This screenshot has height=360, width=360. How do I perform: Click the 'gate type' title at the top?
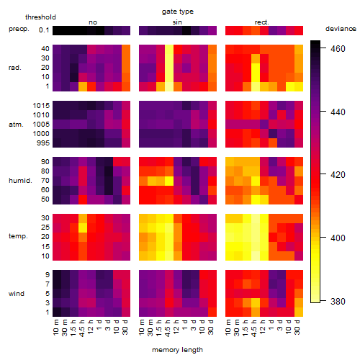click(x=178, y=12)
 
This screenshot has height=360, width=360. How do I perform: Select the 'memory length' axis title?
click(x=178, y=350)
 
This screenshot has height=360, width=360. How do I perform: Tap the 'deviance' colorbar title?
click(x=341, y=29)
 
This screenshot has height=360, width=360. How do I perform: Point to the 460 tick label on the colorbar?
click(x=338, y=49)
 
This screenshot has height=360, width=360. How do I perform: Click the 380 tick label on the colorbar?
click(x=338, y=301)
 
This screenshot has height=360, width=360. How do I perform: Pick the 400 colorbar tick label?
click(x=338, y=238)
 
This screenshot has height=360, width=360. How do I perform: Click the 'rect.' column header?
click(x=262, y=22)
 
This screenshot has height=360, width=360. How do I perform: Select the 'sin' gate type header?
click(x=177, y=22)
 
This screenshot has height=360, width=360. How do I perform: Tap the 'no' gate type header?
click(x=93, y=22)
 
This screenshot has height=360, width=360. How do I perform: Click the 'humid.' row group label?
click(x=20, y=181)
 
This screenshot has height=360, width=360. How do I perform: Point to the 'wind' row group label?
click(x=17, y=294)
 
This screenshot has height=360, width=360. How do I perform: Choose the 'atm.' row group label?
click(x=16, y=125)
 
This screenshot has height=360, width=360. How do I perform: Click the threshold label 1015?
click(x=41, y=106)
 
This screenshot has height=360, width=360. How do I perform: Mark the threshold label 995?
click(x=43, y=143)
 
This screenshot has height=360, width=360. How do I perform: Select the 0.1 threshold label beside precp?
click(x=44, y=30)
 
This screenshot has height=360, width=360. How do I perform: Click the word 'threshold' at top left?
click(x=40, y=17)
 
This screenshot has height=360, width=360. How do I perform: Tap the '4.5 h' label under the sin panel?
click(x=168, y=328)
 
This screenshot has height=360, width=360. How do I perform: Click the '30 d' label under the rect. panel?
click(x=297, y=327)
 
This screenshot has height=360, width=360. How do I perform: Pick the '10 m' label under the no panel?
click(x=55, y=327)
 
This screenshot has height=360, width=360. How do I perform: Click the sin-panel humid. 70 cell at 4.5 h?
click(x=169, y=181)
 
